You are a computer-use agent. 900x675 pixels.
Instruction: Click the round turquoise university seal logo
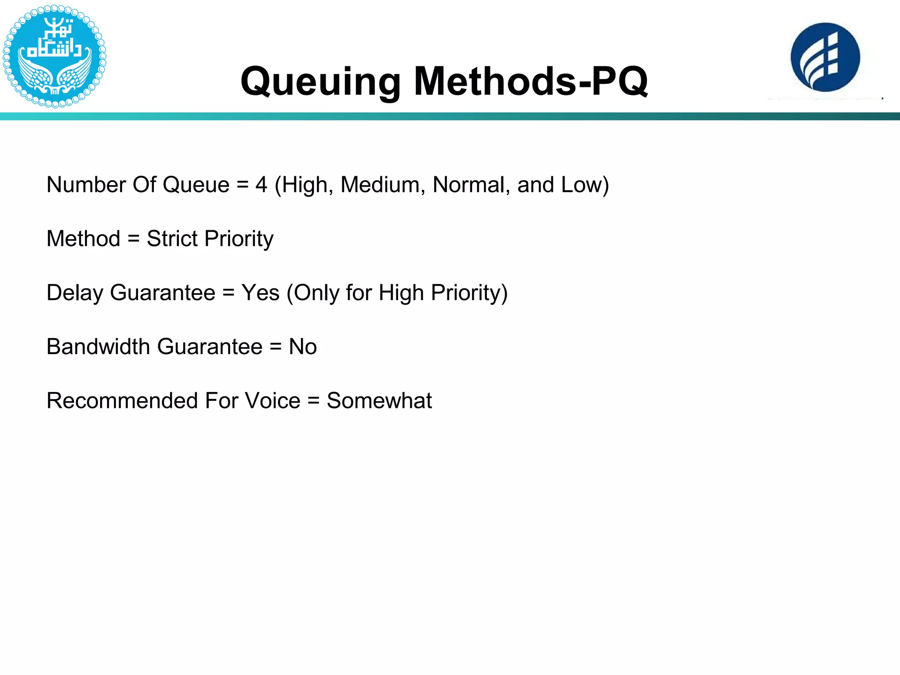click(54, 56)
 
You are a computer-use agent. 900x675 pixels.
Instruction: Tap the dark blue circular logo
click(825, 58)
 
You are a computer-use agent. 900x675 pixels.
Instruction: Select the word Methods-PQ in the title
click(530, 82)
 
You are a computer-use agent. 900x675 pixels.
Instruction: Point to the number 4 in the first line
click(261, 185)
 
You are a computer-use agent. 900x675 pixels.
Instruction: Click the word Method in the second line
click(83, 239)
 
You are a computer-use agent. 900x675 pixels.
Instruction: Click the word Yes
click(260, 293)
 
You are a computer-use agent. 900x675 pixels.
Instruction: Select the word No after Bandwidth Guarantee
click(303, 347)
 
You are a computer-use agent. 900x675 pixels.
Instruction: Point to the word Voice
click(272, 401)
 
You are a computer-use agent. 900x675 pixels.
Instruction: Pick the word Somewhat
click(379, 401)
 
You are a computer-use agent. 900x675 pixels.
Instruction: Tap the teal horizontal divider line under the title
click(450, 116)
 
